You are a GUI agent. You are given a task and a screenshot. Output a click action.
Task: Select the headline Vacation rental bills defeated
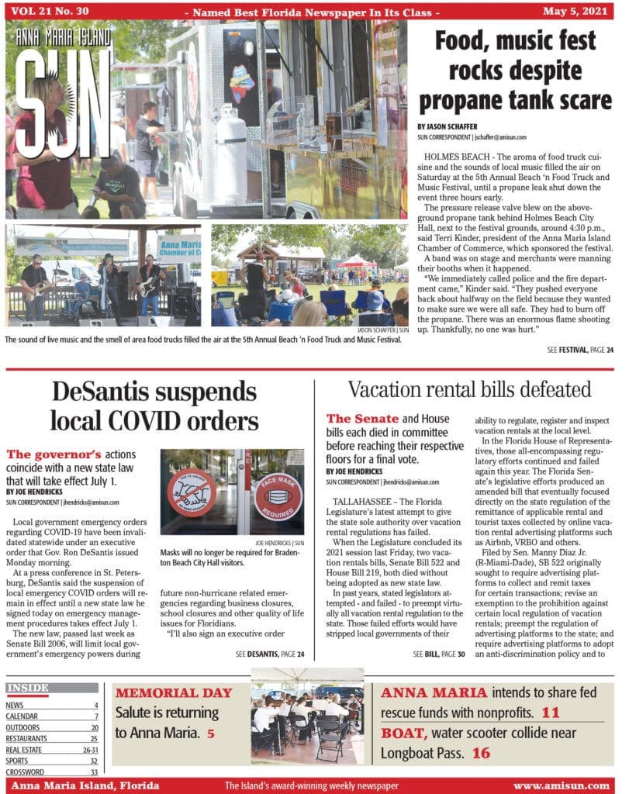pos(469,388)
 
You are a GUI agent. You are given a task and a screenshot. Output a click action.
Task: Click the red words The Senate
pos(362,419)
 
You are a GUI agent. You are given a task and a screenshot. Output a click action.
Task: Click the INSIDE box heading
pos(27,688)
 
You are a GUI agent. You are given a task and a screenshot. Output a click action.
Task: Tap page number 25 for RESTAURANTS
pos(94,739)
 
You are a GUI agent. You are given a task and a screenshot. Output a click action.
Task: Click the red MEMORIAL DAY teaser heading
pos(173,692)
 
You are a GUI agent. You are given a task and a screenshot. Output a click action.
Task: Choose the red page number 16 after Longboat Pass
pos(481,752)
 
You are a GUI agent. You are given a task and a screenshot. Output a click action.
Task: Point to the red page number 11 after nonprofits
pos(551,713)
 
